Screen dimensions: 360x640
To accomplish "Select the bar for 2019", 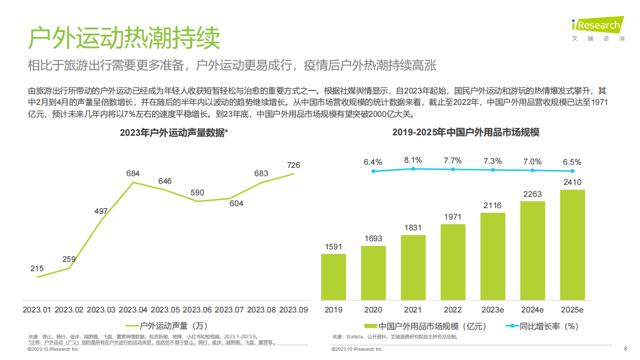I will click(333, 277).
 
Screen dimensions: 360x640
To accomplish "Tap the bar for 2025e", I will click(572, 245).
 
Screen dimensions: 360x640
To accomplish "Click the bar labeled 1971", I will click(453, 262).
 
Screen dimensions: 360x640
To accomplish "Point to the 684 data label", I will click(133, 174).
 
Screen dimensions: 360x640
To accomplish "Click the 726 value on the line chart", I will click(293, 165).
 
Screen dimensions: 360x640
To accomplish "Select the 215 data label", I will click(37, 269).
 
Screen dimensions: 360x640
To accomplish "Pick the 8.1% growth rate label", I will click(413, 160).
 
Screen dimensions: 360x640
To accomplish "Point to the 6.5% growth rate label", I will click(572, 162).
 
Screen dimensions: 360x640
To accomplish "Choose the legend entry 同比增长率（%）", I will click(542, 326).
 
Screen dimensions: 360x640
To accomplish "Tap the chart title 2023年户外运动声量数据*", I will click(174, 133).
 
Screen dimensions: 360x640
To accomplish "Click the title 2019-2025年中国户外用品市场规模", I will click(466, 133).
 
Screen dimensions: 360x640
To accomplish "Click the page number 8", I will click(626, 348).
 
